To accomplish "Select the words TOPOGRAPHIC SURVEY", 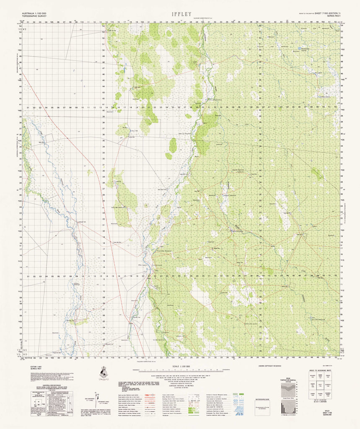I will (33, 17).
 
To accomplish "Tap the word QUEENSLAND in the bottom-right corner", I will (328, 426).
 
